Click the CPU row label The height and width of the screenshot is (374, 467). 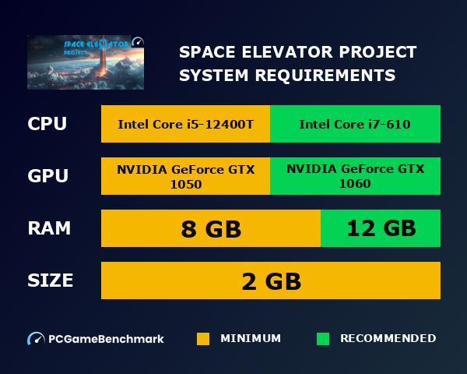[x=47, y=124]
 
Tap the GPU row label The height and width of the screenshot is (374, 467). [x=47, y=176]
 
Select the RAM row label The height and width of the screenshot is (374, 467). [x=49, y=228]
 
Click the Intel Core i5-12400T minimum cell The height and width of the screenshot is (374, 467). [x=185, y=124]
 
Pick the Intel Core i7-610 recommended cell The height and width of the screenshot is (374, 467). [x=355, y=124]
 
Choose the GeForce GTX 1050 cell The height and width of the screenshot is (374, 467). [x=185, y=176]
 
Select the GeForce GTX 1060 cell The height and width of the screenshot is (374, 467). [x=355, y=176]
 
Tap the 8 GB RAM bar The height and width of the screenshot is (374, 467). [x=210, y=228]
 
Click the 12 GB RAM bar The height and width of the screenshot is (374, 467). [x=381, y=228]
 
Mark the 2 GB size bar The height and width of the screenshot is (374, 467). [x=271, y=280]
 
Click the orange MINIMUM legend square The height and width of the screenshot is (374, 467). [x=203, y=339]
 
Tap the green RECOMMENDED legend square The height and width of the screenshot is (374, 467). [x=323, y=339]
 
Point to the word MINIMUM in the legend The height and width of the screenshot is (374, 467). [x=251, y=339]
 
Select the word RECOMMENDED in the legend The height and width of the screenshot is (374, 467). [x=388, y=339]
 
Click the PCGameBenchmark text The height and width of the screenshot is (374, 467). [x=107, y=339]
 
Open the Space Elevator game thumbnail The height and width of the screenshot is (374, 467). [x=86, y=62]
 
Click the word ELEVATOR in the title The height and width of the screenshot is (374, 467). [x=282, y=53]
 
